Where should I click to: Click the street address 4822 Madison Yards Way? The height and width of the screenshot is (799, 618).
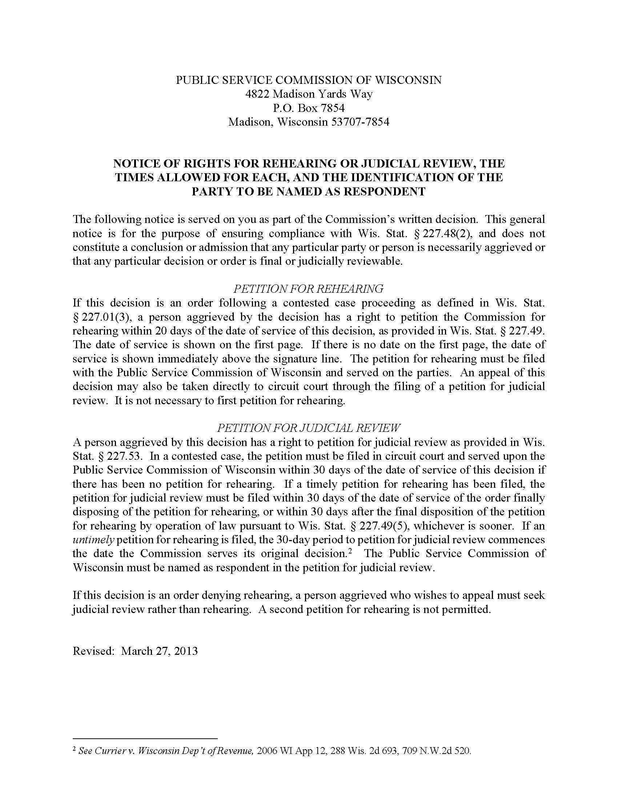309,94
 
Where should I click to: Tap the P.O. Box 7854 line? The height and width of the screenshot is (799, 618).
309,108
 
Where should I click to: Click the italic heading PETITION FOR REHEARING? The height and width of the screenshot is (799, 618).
308,289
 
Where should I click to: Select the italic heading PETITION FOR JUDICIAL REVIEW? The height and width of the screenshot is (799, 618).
309,428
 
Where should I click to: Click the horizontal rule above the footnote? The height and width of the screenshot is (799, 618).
145,739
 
